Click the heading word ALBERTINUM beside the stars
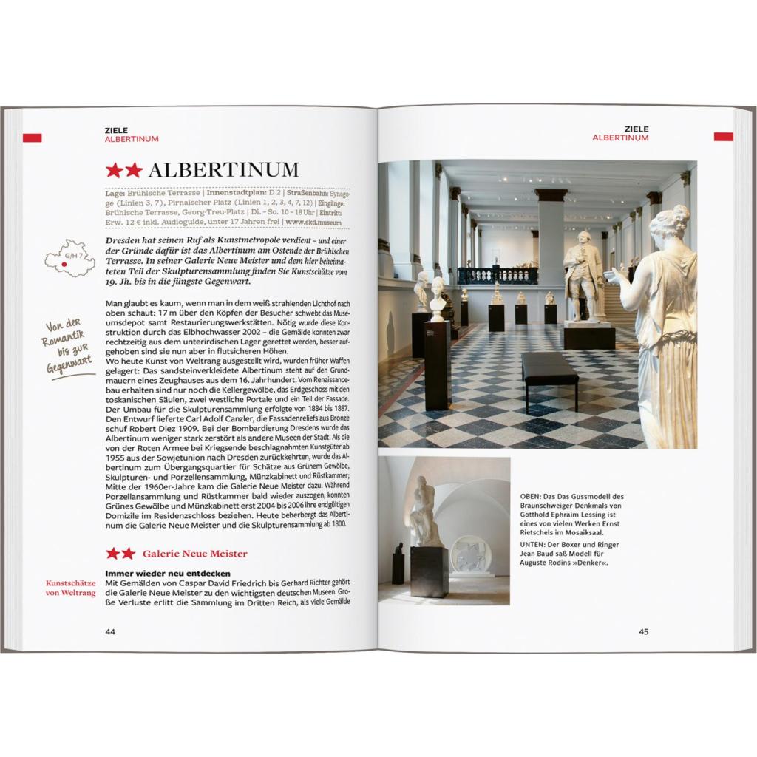(x=223, y=171)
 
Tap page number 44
(x=110, y=631)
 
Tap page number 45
(x=643, y=631)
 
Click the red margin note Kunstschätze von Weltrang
(x=71, y=588)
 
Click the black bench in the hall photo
(x=549, y=369)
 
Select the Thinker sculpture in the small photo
(x=424, y=514)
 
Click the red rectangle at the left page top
(x=32, y=138)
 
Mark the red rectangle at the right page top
(x=723, y=137)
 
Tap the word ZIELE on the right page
(x=636, y=129)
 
